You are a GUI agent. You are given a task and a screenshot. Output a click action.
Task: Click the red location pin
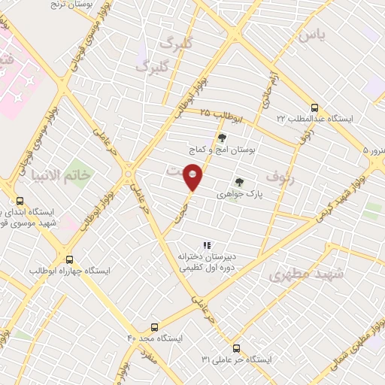[193, 178]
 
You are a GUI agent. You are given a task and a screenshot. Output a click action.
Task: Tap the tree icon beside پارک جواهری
[239, 181]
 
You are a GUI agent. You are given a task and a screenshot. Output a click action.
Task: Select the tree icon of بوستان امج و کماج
[222, 138]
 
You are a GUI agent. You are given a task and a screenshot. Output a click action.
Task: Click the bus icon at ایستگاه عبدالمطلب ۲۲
[315, 107]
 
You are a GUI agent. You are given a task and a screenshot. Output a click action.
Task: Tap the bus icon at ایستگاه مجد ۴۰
[154, 327]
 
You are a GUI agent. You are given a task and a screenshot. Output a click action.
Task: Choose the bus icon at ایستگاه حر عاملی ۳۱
[237, 348]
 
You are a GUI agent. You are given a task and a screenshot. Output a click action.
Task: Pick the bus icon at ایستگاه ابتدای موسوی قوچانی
[19, 201]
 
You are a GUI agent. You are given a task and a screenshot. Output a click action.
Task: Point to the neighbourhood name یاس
[311, 35]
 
